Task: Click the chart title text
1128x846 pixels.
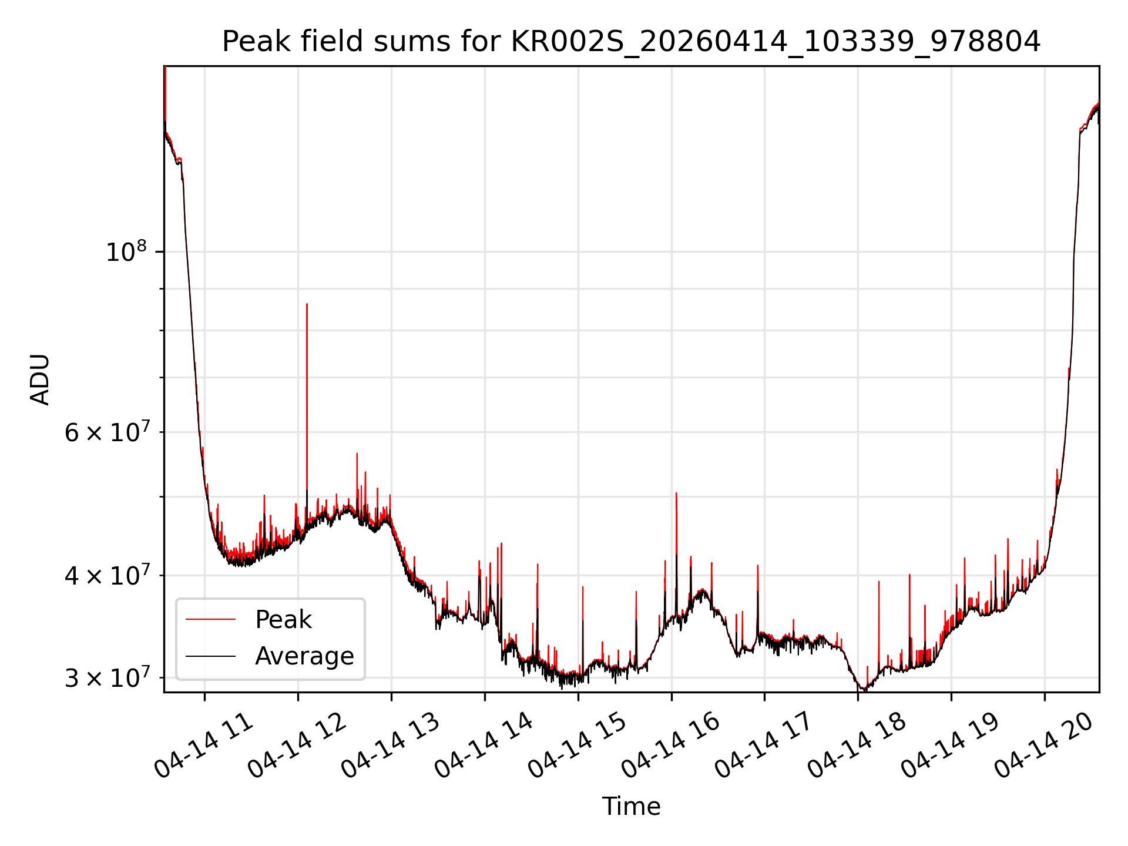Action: point(631,42)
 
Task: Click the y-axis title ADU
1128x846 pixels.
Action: point(40,380)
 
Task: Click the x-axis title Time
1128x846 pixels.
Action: point(631,806)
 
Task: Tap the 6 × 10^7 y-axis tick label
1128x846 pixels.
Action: point(106,432)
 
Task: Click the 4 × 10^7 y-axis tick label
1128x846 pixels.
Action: point(106,575)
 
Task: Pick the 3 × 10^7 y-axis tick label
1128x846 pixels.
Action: point(106,677)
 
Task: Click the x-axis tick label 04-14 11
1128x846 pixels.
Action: point(203,745)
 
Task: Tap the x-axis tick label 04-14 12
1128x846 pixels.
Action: point(297,745)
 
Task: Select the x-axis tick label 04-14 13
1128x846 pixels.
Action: point(390,745)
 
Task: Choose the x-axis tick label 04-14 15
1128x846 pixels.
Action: point(577,745)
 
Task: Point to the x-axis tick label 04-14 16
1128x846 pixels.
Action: point(670,745)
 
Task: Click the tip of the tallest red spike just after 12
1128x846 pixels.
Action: point(307,304)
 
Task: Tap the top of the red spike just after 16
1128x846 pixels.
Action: point(676,493)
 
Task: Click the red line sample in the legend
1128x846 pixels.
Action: point(210,619)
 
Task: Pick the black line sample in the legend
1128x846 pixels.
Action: point(210,656)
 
